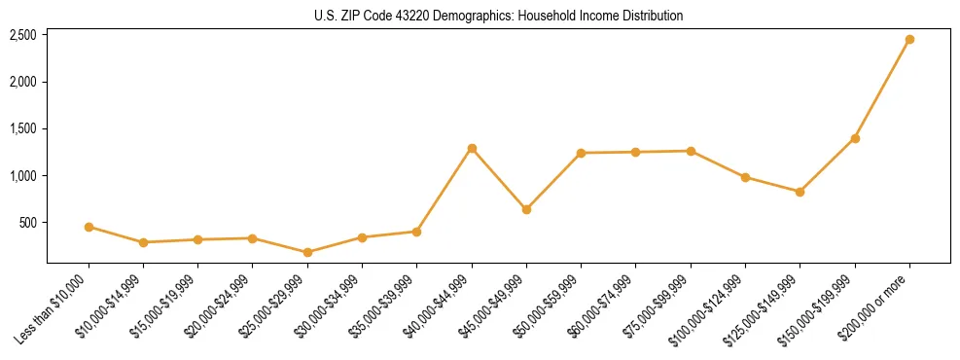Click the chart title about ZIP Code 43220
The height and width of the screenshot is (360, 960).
[x=498, y=16]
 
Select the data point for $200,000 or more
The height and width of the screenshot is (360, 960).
[x=909, y=40]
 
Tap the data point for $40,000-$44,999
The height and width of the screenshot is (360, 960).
[x=472, y=148]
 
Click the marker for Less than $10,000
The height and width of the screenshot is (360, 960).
[x=89, y=227]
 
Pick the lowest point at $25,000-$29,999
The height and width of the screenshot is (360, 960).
[x=307, y=252]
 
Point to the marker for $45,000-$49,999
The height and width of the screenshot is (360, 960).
[x=526, y=209]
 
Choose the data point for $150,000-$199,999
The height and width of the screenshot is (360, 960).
[x=855, y=138]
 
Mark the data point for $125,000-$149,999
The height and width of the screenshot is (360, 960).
[x=800, y=192]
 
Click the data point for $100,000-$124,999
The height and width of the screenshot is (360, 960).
[x=745, y=177]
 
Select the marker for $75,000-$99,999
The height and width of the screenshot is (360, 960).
[x=691, y=151]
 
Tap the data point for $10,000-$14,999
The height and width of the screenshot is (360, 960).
[x=143, y=242]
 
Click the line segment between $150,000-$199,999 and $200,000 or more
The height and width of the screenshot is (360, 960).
[x=882, y=90]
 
